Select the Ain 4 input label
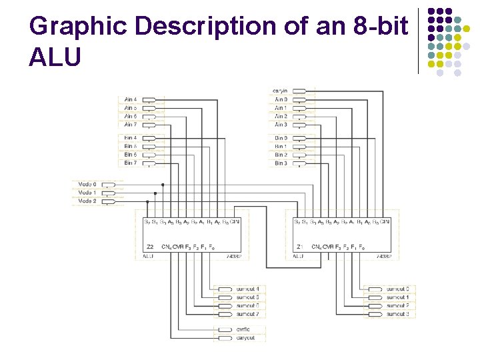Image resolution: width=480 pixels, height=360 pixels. click(131, 99)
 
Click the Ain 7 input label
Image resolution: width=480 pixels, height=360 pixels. click(131, 124)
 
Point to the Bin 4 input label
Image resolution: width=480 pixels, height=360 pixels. click(131, 138)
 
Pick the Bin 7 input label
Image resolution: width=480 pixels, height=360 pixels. click(131, 163)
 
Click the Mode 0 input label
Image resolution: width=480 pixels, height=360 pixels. click(87, 184)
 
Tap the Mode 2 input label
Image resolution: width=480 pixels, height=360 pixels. click(87, 200)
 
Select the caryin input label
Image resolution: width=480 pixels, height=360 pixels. click(280, 91)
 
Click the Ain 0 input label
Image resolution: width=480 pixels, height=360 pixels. click(281, 99)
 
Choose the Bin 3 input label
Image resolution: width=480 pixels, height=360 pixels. click(281, 163)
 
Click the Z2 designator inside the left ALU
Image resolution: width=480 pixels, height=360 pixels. click(150, 247)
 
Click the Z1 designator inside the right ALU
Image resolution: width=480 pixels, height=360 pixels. click(300, 247)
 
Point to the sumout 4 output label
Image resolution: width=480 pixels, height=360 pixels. click(247, 289)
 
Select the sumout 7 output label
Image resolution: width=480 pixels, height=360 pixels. click(247, 313)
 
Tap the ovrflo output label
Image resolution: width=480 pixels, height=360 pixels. click(243, 329)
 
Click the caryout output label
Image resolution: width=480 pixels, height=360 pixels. click(245, 338)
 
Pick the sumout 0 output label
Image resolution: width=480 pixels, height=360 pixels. click(398, 289)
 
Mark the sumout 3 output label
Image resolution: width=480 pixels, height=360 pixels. click(398, 313)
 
